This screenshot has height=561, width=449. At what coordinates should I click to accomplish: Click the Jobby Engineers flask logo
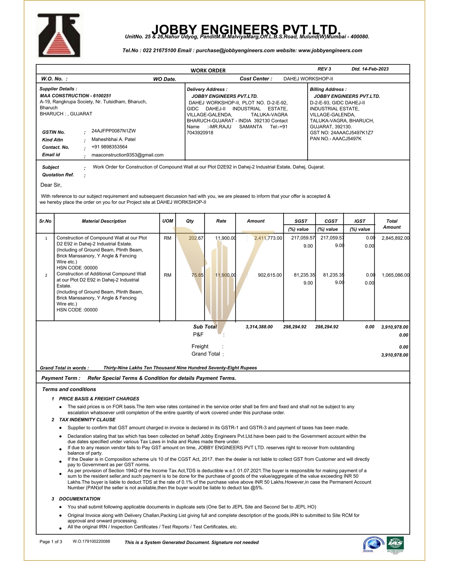tap(59, 36)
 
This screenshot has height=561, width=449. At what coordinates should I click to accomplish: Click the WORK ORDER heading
tap(208, 70)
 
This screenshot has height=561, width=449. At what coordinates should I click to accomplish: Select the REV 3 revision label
tap(324, 69)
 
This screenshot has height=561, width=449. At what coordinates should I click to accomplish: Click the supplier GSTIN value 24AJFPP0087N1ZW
tap(113, 131)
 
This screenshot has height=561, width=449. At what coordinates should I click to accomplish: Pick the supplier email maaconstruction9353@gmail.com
tap(127, 155)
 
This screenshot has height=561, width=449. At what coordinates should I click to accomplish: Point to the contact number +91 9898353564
tap(109, 147)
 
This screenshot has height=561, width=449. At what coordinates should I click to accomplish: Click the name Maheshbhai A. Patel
tap(113, 139)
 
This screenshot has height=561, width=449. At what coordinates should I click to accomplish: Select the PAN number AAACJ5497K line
tap(335, 139)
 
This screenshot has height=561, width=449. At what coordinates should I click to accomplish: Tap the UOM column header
tap(168, 221)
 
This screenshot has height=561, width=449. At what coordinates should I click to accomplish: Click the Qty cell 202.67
tap(196, 238)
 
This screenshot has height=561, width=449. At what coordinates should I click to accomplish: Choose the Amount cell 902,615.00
tap(270, 275)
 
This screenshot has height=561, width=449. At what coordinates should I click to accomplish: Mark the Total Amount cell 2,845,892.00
tap(395, 238)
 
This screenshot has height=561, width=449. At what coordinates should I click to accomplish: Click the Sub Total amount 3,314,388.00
tap(259, 327)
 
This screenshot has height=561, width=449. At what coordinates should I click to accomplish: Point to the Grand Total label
tap(206, 354)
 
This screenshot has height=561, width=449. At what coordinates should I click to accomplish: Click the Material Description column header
tap(104, 221)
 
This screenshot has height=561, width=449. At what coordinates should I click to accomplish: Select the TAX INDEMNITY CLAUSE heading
tap(87, 420)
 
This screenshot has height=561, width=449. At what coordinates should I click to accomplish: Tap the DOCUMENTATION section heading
tap(79, 499)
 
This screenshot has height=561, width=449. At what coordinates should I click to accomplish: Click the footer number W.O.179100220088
tap(91, 541)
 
